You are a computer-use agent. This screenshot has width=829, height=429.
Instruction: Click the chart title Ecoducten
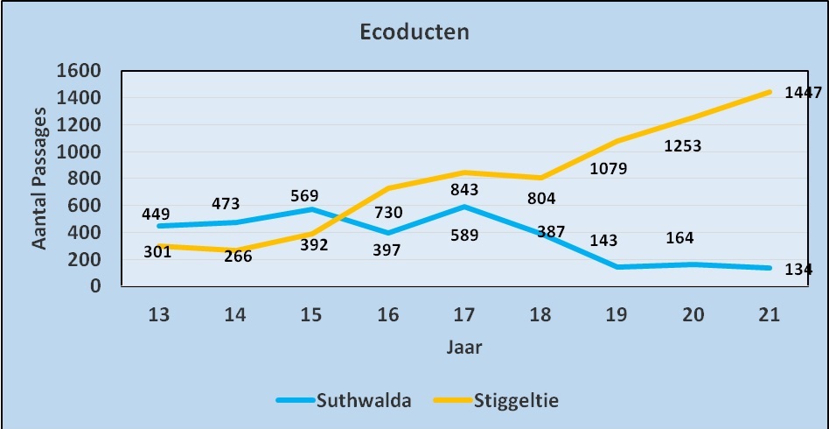(414, 32)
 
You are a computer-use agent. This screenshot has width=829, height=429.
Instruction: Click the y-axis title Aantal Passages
(40, 177)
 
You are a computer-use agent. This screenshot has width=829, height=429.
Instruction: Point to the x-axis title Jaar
(464, 347)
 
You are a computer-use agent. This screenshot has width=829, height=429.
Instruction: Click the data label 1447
(803, 92)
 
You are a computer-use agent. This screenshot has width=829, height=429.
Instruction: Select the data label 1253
(683, 146)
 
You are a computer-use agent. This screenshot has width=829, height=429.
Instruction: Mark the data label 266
(237, 257)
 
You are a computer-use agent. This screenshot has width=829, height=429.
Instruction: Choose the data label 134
(798, 270)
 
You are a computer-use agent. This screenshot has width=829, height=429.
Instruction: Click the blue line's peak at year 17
(463, 207)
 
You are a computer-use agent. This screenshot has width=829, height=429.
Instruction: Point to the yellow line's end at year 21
(770, 91)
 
